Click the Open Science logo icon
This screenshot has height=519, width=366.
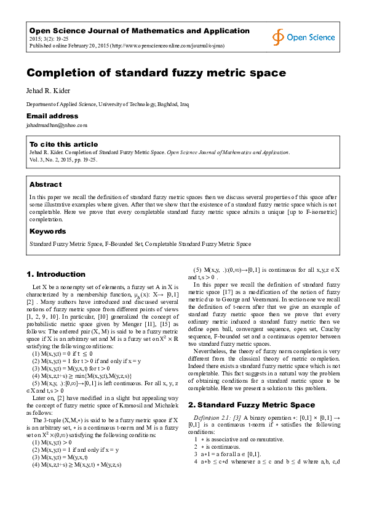coord(279,37)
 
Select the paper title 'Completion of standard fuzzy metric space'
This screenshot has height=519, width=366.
coord(156,73)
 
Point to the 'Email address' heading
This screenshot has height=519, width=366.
coord(52,116)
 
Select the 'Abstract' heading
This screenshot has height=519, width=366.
coord(46,184)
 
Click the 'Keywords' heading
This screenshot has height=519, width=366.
coord(48,231)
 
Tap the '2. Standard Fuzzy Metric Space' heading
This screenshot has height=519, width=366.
coord(251,404)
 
